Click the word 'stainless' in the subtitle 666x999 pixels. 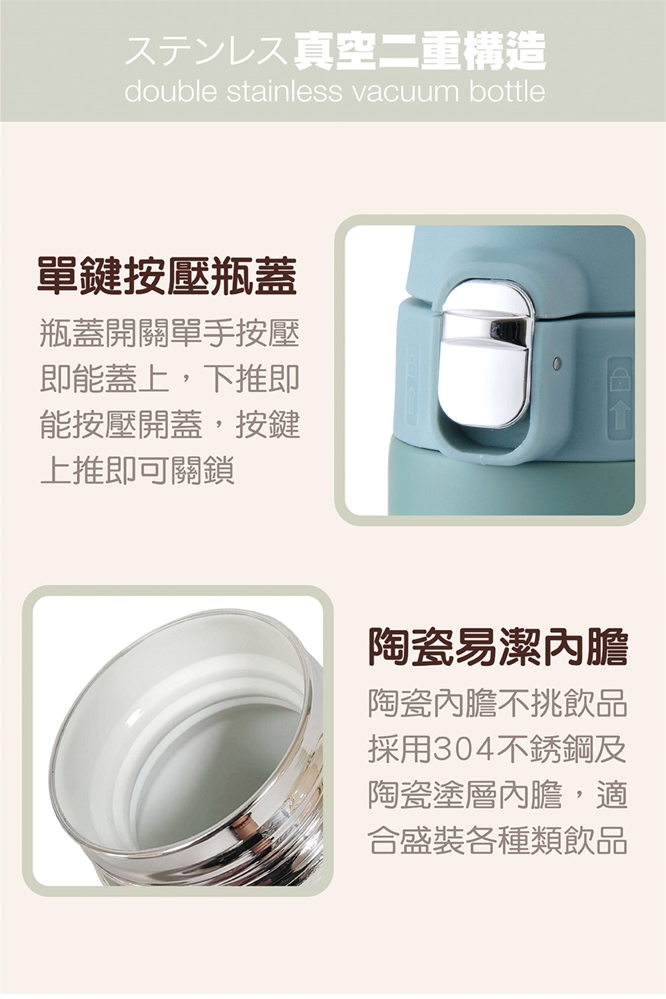284,91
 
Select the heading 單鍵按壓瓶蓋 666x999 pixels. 167,276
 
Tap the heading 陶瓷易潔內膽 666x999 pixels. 497,646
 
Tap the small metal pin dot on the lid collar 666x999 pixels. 556,363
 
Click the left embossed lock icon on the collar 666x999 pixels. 413,384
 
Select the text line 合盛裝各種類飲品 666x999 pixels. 497,842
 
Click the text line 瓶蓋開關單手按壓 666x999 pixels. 169,334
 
